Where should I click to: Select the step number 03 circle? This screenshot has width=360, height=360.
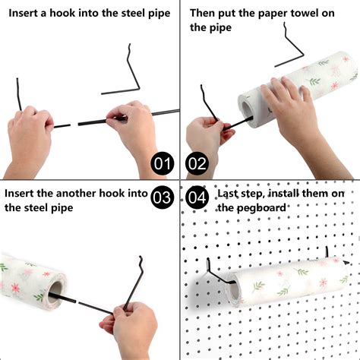tap(163, 198)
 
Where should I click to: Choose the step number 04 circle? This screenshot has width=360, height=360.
tap(197, 198)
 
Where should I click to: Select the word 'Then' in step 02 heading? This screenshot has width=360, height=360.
tap(206, 12)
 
